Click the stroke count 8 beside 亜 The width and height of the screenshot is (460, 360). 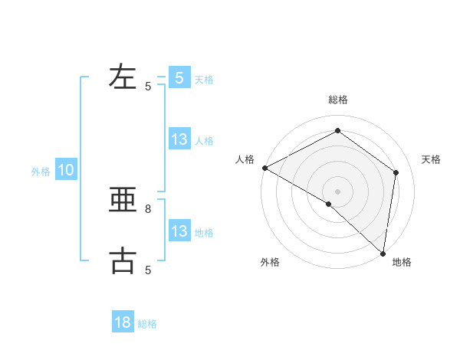(148, 208)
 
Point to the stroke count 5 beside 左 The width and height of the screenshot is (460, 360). (148, 87)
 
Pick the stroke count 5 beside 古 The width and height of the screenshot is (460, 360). (148, 270)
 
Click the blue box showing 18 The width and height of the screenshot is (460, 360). (123, 322)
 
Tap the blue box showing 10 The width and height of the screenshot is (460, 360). (65, 171)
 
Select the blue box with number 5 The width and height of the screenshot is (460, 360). (179, 77)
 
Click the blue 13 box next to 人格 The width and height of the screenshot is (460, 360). (179, 139)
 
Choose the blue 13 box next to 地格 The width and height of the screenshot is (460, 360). (179, 231)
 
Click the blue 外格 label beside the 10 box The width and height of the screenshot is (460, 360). (41, 172)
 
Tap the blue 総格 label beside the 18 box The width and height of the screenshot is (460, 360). (147, 324)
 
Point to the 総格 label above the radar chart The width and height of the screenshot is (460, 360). (337, 100)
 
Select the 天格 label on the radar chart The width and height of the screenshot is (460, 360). (431, 159)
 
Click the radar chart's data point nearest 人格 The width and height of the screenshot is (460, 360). (264, 168)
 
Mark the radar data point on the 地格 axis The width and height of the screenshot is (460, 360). (383, 253)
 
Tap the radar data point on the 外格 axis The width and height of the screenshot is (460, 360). (329, 204)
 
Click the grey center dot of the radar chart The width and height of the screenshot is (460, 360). (337, 191)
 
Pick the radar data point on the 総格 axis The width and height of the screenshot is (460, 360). (337, 131)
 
